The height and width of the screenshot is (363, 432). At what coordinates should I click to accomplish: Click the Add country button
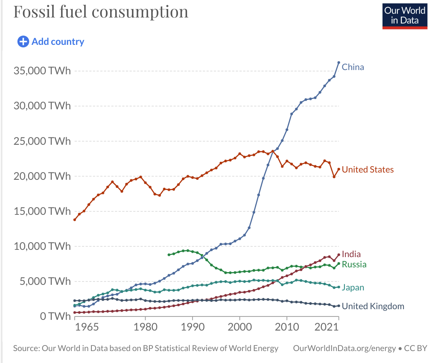(x=51, y=41)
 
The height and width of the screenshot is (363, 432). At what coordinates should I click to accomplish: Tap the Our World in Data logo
(x=405, y=16)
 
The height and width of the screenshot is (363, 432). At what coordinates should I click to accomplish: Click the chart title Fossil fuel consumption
(x=101, y=12)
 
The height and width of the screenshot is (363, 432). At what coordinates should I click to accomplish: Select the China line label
(x=353, y=67)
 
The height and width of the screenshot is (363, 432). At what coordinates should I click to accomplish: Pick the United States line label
(x=368, y=170)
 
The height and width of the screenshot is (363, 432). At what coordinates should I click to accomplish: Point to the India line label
(x=351, y=254)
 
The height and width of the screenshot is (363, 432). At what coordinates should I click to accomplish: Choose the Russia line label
(x=354, y=264)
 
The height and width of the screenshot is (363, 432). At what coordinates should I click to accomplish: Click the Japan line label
(x=353, y=287)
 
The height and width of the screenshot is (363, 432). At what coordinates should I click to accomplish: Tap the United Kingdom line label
(x=373, y=306)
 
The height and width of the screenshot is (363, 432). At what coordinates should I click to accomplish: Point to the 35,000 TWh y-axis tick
(x=42, y=71)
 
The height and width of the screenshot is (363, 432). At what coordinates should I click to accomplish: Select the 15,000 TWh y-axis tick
(x=42, y=211)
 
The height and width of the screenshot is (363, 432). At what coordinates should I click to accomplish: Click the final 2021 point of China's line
(x=339, y=63)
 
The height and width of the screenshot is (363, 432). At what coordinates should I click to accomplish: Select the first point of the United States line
(x=75, y=220)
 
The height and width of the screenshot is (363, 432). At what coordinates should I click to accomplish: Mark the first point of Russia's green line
(x=169, y=255)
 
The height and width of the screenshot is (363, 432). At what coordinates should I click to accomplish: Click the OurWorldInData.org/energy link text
(x=344, y=348)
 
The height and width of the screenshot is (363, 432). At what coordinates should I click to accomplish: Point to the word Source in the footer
(x=26, y=348)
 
